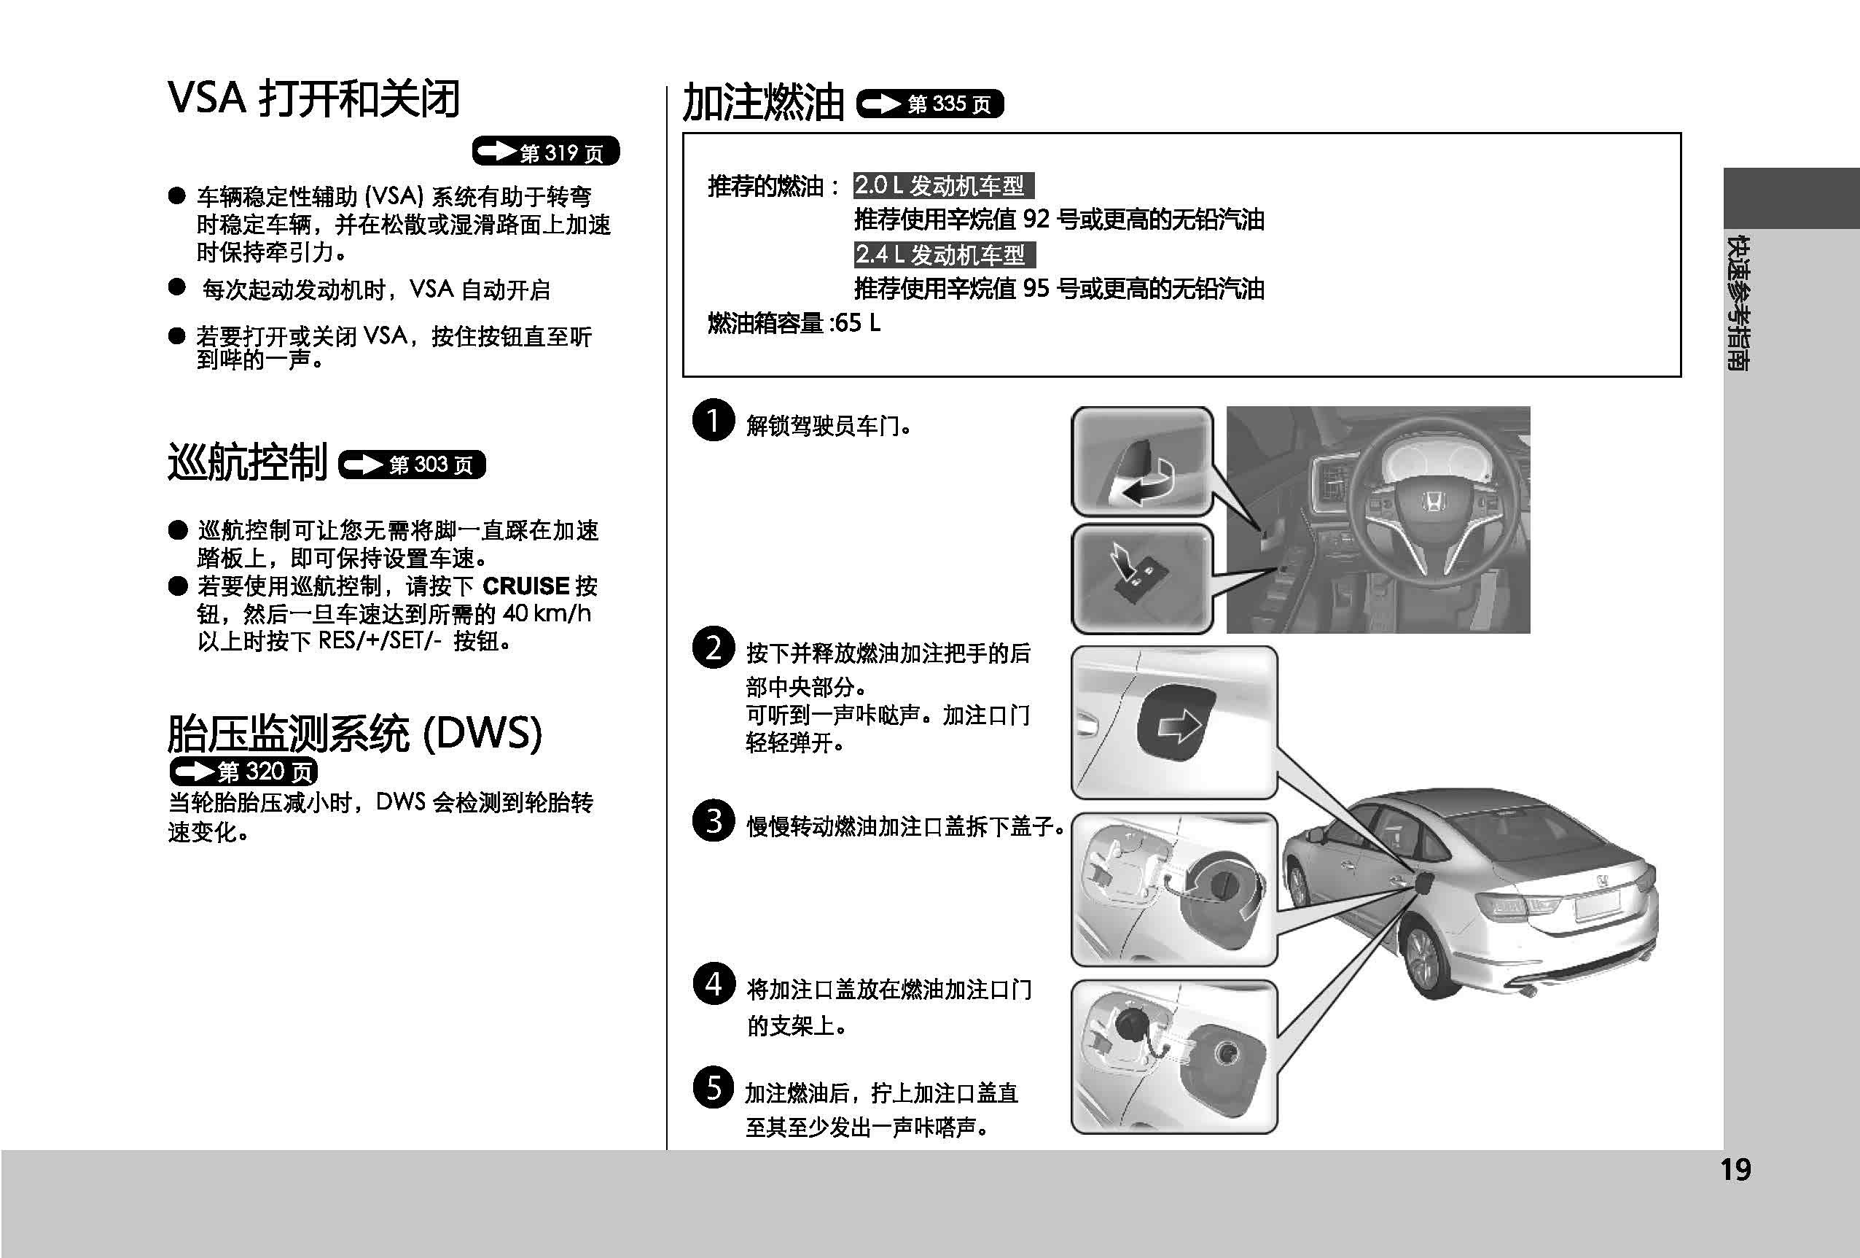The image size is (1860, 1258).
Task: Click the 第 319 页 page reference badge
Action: click(x=546, y=152)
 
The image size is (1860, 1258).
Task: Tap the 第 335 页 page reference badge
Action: click(x=930, y=104)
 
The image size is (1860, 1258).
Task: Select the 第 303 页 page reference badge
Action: click(x=413, y=465)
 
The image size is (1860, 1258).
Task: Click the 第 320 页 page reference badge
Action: click(x=243, y=771)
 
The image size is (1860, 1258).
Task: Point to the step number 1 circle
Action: click(x=713, y=419)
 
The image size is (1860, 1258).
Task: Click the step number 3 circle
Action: click(x=713, y=820)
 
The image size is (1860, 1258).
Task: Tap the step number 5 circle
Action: click(x=713, y=1087)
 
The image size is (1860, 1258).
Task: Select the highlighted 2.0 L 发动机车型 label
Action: click(x=943, y=186)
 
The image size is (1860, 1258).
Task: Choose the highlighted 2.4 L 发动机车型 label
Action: click(x=944, y=255)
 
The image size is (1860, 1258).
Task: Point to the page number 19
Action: click(x=1735, y=1170)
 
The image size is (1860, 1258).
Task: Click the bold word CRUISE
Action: click(x=525, y=586)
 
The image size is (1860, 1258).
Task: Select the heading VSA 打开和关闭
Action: click(x=313, y=99)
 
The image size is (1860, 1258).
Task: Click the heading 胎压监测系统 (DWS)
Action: click(x=354, y=733)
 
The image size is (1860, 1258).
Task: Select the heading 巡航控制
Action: click(x=247, y=463)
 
